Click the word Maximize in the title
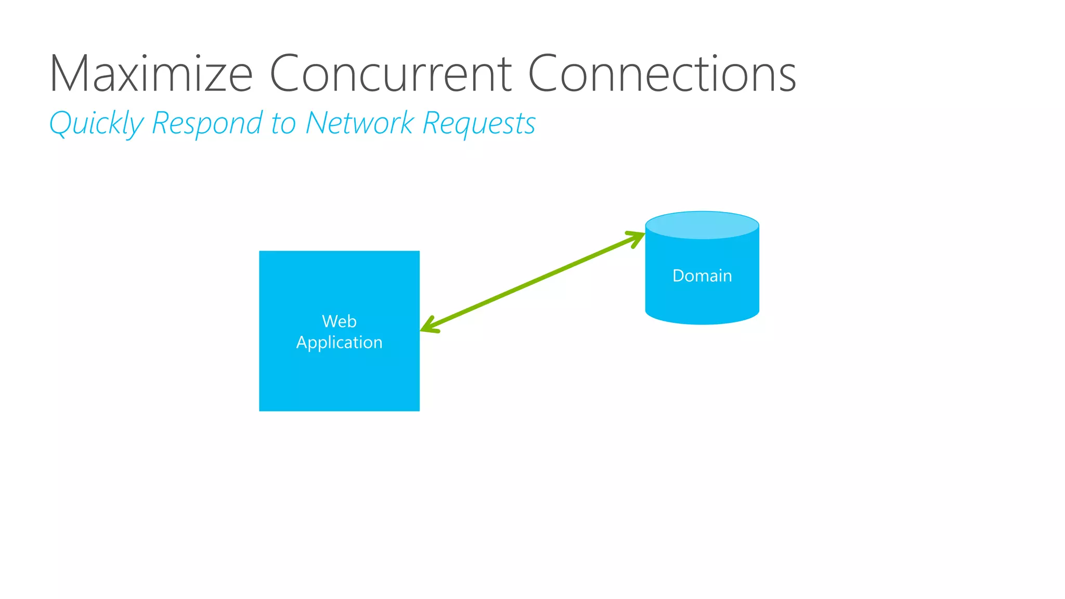[x=151, y=74]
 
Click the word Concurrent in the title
[x=390, y=74]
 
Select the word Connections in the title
[x=661, y=74]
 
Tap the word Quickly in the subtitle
[x=96, y=124]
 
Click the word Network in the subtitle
[x=359, y=124]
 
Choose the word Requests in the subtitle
[x=478, y=124]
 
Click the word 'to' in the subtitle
[x=283, y=124]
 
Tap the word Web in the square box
[x=339, y=321]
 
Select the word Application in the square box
[x=339, y=343]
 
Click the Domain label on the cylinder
[x=702, y=276]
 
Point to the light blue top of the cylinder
[x=702, y=225]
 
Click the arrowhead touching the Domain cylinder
[x=638, y=238]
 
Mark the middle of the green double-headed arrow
[x=532, y=282]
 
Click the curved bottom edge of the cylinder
[x=702, y=323]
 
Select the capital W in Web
[x=330, y=321]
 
